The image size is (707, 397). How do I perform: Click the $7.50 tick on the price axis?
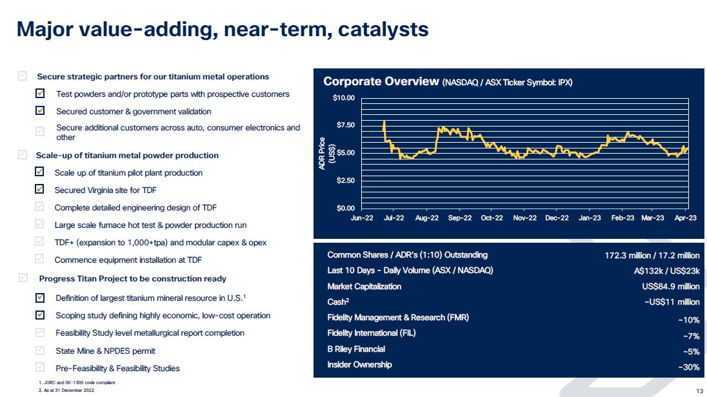(x=345, y=125)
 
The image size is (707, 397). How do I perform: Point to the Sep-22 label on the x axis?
(x=459, y=218)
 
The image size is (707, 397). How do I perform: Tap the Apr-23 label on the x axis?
(x=686, y=218)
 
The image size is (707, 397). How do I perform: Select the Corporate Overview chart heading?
(x=381, y=81)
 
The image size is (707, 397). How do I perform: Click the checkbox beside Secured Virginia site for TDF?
(x=40, y=190)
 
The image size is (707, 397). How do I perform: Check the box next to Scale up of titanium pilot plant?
(x=40, y=172)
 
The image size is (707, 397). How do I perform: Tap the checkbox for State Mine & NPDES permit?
(x=40, y=351)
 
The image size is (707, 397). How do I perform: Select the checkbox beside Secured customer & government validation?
(x=40, y=111)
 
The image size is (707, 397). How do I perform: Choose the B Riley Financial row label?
(x=356, y=349)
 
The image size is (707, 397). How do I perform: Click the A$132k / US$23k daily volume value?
(x=666, y=271)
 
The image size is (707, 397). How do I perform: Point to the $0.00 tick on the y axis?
(x=345, y=208)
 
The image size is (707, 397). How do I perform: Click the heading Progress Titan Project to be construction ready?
(x=132, y=279)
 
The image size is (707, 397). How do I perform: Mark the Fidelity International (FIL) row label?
(x=372, y=333)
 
